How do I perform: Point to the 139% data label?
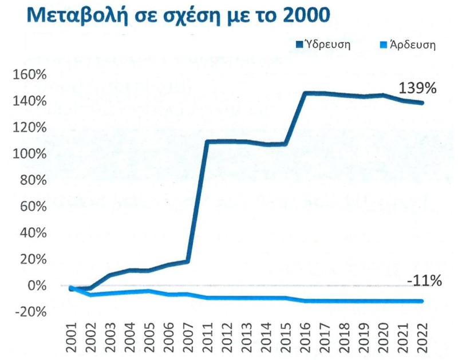[x=418, y=89]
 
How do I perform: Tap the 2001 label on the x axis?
[x=72, y=339]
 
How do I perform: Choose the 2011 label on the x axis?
[x=208, y=339]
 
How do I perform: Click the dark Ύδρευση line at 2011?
[x=207, y=141]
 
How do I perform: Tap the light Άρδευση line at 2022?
[x=423, y=301]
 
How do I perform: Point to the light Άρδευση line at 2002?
[x=90, y=295]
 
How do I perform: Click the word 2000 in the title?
[x=307, y=15]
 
